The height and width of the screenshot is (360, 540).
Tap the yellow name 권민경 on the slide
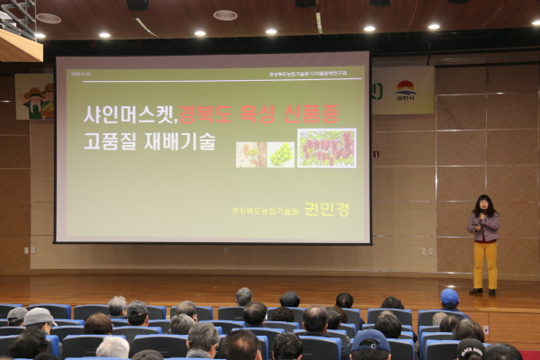point(327,209)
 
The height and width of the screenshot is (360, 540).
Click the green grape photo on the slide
point(281,154)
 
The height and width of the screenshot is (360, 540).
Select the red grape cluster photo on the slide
point(327,148)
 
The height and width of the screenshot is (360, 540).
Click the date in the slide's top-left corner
point(80,74)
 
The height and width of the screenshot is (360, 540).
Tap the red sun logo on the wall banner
point(406,88)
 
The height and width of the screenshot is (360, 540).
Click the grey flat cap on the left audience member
point(39,317)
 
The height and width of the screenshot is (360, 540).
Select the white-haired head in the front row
point(112,346)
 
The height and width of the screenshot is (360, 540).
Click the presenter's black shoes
point(483,292)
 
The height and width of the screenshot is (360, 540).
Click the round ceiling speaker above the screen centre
point(225,15)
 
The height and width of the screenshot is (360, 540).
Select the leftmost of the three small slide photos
point(250,154)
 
